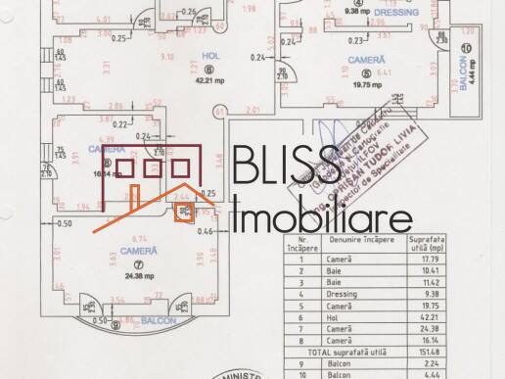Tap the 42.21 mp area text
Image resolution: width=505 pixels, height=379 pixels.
click(x=207, y=82)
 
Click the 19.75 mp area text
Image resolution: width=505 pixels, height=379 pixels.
click(x=357, y=84)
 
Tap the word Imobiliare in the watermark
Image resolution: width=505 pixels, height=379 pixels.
click(x=323, y=215)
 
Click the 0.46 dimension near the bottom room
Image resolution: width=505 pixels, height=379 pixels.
click(x=206, y=231)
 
